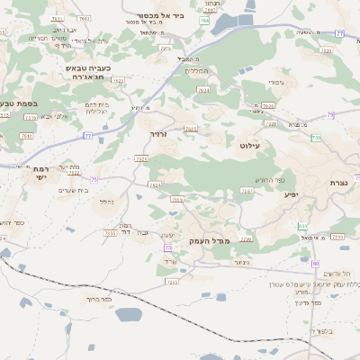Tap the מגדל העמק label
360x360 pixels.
pos(211,241)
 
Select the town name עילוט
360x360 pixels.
pos(249,144)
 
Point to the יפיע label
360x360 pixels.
pos(291,193)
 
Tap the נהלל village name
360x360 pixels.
pos(105,202)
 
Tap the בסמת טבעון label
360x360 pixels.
pos(18,103)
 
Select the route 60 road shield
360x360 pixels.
pos(316,263)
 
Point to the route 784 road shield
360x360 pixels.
pos(203,20)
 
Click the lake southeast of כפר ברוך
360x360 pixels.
pos(129,314)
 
